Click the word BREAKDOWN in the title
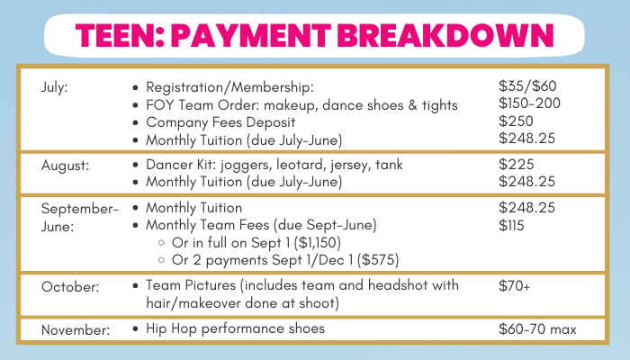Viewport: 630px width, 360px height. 446,35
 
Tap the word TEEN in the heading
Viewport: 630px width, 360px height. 116,35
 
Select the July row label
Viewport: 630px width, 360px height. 55,87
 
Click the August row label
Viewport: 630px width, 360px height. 65,166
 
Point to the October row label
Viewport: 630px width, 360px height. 70,287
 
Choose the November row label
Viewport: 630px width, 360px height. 75,330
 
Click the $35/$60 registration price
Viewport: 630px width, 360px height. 527,86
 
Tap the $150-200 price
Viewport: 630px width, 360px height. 529,103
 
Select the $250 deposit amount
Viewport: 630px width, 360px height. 516,121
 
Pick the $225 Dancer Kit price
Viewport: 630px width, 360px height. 517,165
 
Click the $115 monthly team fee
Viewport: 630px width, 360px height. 511,225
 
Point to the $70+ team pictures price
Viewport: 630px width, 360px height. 514,285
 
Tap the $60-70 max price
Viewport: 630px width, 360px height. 537,329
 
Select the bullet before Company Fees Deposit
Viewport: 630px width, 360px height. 135,122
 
